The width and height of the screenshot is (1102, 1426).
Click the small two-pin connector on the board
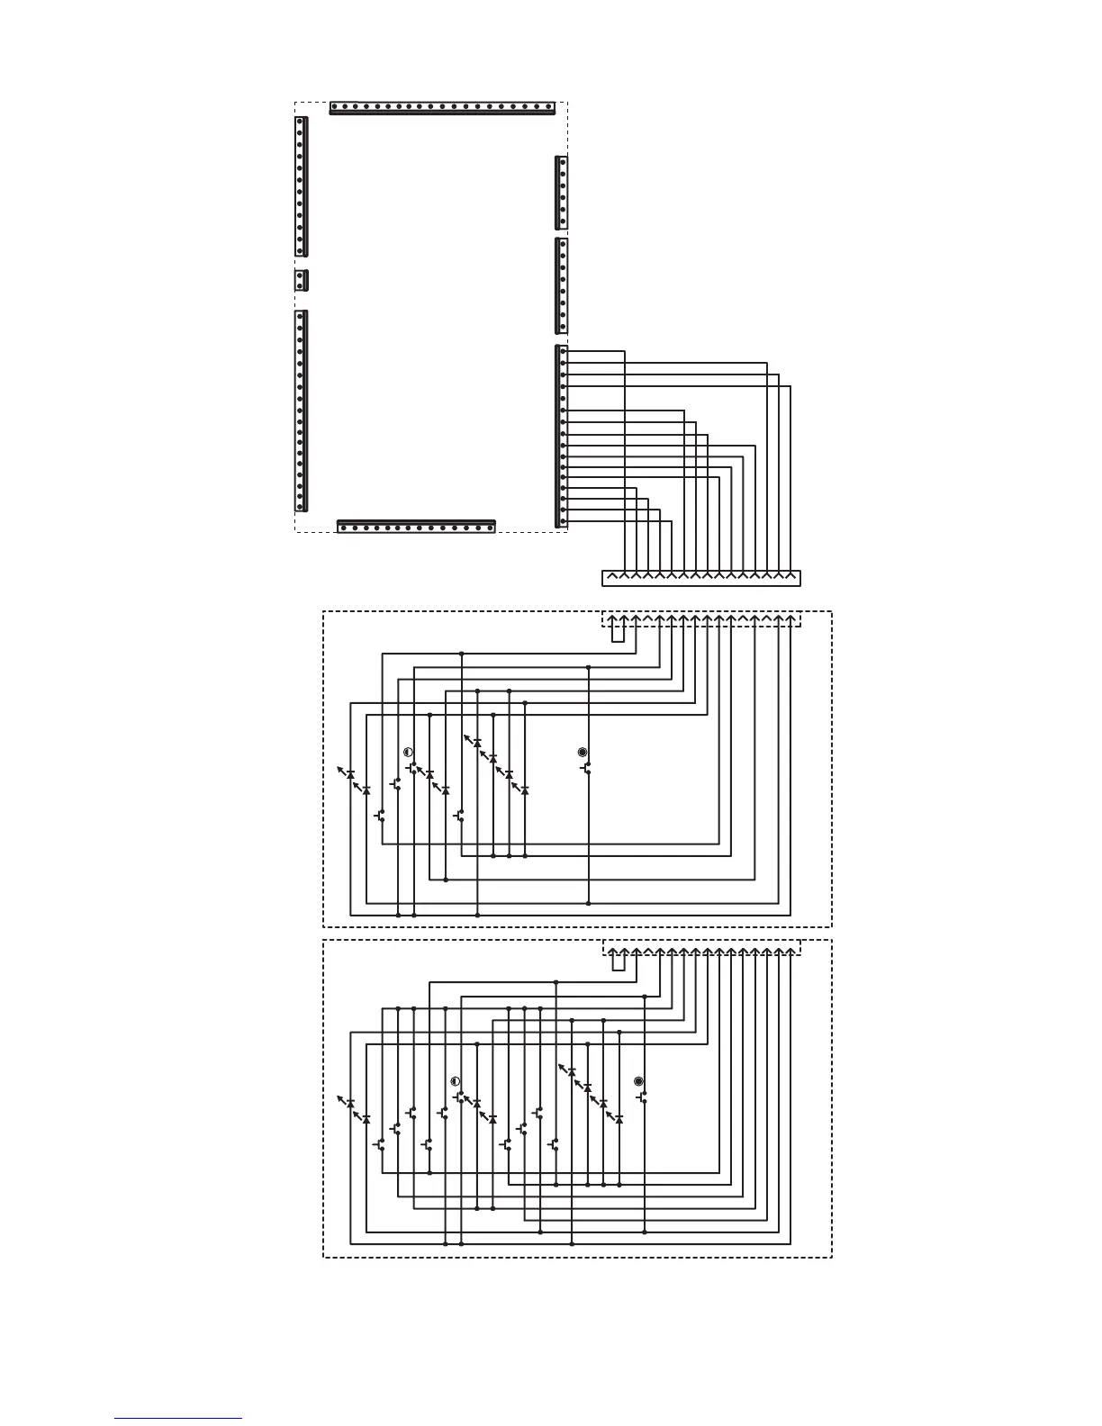[302, 280]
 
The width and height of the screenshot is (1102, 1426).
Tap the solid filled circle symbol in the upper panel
[583, 752]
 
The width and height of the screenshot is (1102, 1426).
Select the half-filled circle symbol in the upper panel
[408, 752]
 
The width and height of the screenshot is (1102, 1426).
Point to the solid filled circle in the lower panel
[639, 1080]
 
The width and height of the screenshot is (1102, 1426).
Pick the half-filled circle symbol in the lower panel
[455, 1080]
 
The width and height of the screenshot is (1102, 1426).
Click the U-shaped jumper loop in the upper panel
[619, 632]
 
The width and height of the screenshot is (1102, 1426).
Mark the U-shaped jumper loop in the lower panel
[619, 961]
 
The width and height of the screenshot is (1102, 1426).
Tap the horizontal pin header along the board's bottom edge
[416, 527]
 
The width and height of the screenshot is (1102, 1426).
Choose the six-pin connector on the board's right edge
[562, 192]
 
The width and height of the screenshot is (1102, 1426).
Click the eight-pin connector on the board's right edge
[562, 285]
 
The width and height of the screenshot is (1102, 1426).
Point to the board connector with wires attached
[562, 436]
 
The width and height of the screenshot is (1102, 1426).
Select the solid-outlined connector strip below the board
[700, 578]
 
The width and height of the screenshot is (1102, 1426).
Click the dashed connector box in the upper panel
[700, 619]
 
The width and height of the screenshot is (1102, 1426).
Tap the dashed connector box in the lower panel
[700, 948]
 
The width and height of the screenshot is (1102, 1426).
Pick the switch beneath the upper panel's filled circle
[586, 770]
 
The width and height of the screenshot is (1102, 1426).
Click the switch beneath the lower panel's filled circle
[643, 1098]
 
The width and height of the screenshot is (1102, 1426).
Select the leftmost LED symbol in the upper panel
[348, 773]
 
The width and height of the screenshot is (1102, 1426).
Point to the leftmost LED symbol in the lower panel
[348, 1102]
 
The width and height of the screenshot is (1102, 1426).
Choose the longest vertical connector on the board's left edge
[302, 411]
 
